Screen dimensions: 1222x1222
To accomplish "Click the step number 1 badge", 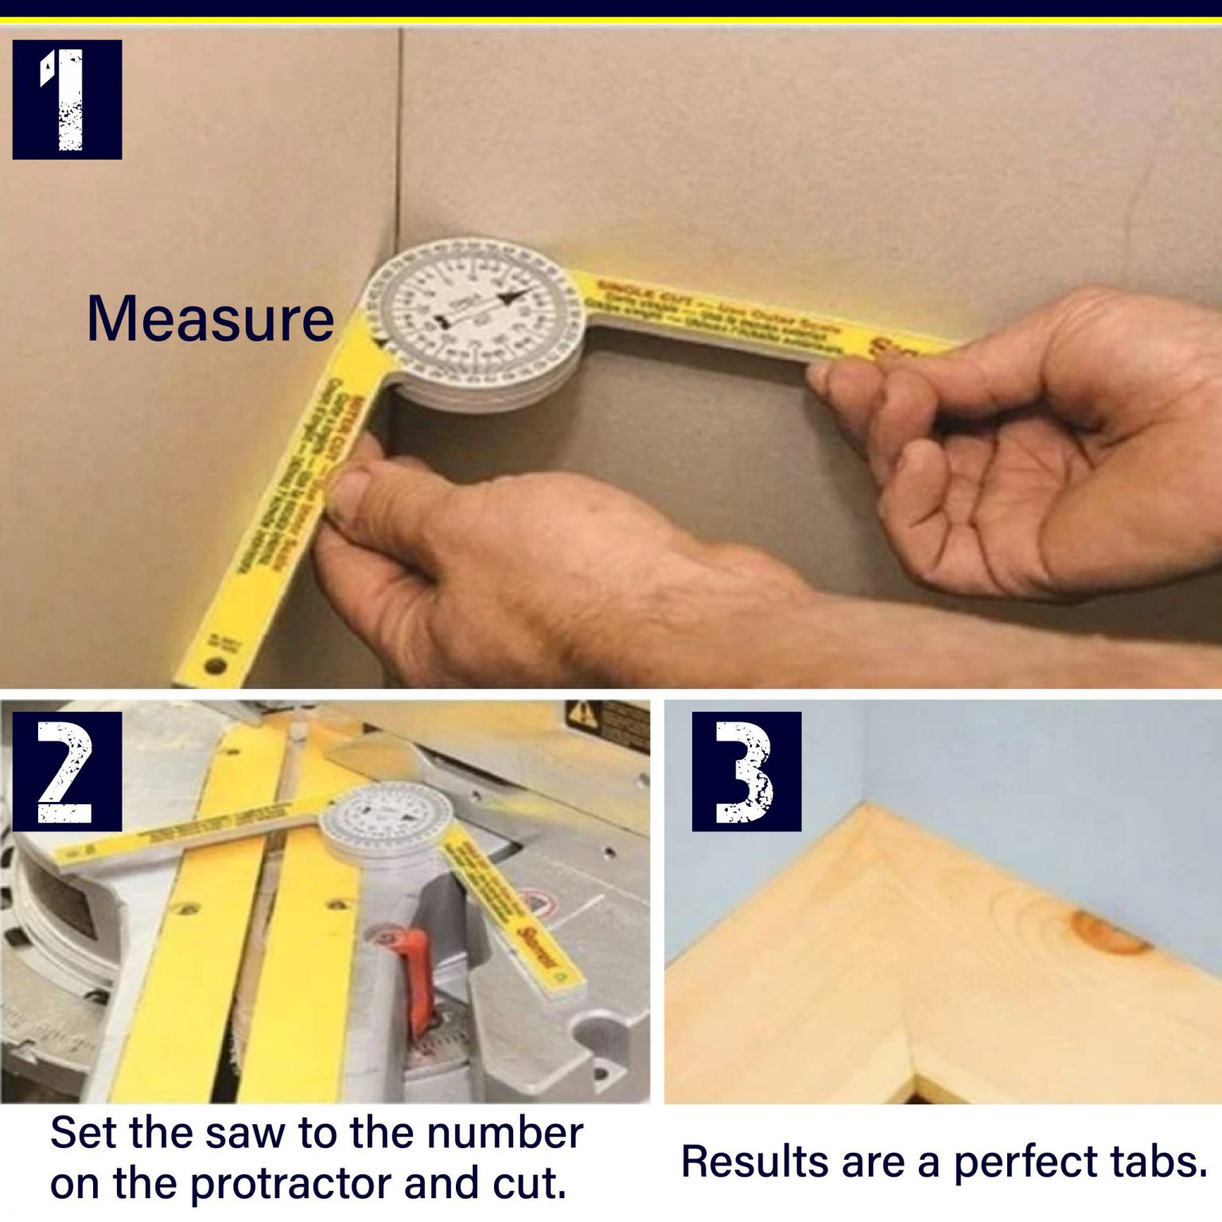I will (x=67, y=99).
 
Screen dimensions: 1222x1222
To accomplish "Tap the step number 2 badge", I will (x=67, y=771).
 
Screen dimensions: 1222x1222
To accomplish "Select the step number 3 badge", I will (x=746, y=771).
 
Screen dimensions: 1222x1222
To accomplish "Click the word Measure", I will (x=210, y=319).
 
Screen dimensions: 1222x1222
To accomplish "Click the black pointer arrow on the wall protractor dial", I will (x=509, y=299).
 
